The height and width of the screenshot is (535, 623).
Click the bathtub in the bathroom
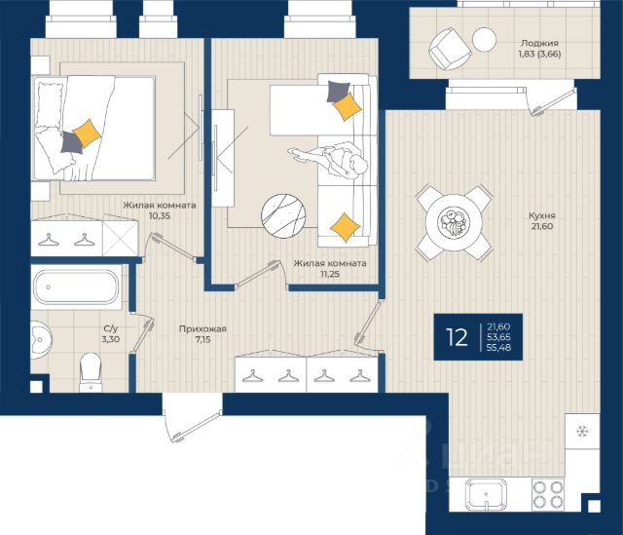(x=76, y=287)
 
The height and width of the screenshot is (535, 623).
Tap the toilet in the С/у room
(x=91, y=372)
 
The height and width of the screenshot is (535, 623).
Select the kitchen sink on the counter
(x=486, y=493)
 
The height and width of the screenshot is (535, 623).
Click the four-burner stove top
(x=547, y=494)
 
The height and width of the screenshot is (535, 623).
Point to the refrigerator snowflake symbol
(x=582, y=431)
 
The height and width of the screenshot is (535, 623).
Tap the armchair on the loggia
(x=450, y=49)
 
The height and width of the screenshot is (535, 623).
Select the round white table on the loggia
(x=484, y=39)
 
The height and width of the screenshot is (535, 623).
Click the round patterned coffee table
(x=283, y=216)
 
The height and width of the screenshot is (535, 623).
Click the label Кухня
(x=541, y=215)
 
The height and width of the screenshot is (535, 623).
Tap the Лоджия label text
(x=539, y=43)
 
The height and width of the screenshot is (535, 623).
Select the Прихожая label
(x=202, y=329)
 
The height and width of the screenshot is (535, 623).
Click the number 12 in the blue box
(x=457, y=337)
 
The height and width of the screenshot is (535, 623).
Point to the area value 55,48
(x=498, y=347)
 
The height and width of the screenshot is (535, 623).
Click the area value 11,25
(x=330, y=274)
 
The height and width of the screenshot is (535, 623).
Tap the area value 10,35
(x=160, y=216)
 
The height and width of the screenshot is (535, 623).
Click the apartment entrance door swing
(x=193, y=422)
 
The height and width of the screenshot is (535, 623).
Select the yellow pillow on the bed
(x=87, y=134)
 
